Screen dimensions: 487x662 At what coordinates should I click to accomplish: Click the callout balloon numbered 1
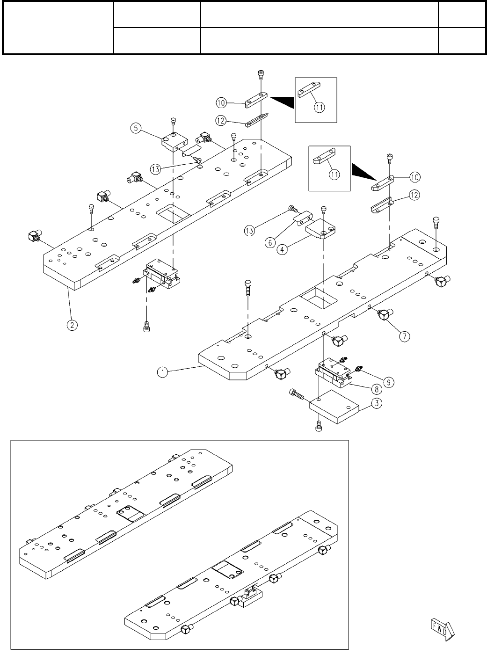click(162, 372)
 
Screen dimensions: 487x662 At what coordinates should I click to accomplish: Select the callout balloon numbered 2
click(72, 325)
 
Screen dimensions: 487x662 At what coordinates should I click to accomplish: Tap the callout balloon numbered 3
click(377, 403)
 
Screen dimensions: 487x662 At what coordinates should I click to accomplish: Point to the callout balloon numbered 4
click(282, 249)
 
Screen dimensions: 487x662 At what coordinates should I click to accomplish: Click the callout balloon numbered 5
click(136, 128)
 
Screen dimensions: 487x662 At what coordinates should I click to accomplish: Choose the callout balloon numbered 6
click(270, 243)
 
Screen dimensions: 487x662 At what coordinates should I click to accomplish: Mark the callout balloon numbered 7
click(405, 336)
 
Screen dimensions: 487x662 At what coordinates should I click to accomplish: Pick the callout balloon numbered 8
click(377, 389)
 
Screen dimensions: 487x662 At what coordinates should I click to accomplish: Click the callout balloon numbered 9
click(389, 383)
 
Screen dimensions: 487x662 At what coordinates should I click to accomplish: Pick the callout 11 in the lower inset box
click(334, 175)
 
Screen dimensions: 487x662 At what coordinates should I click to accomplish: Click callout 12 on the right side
click(414, 195)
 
